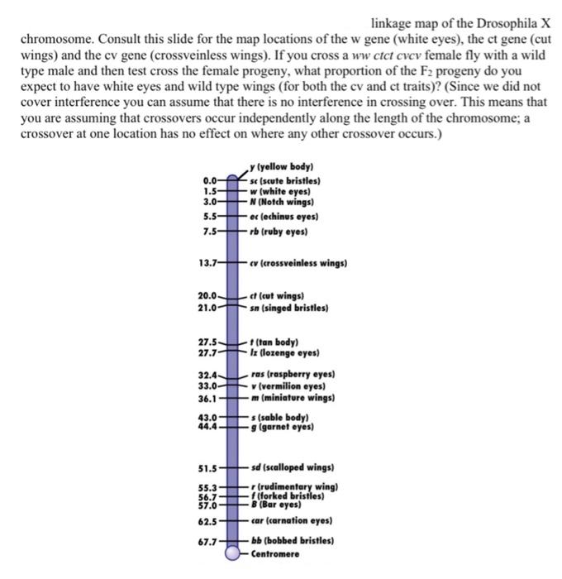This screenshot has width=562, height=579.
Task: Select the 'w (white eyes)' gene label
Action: pyautogui.click(x=284, y=191)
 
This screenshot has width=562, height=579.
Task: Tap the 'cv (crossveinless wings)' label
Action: pyautogui.click(x=298, y=264)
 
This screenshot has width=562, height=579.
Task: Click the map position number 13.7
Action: pyautogui.click(x=209, y=264)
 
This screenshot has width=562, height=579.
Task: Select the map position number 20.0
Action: pyautogui.click(x=209, y=295)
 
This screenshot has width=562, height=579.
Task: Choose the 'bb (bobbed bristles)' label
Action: pyautogui.click(x=292, y=540)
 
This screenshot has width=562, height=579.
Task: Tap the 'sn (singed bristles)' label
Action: pyautogui.click(x=289, y=308)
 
